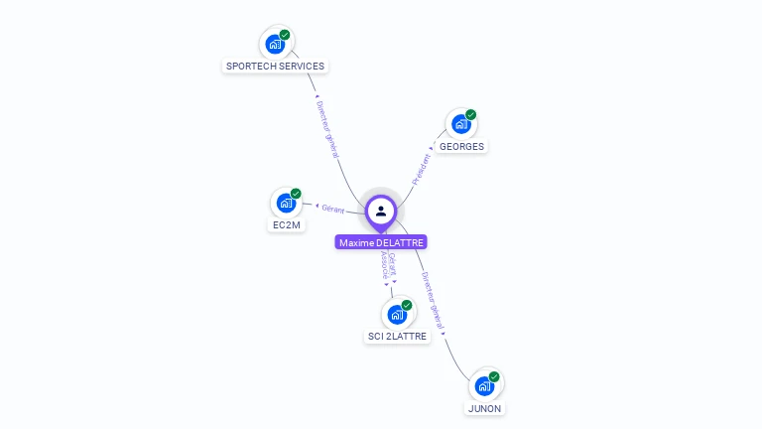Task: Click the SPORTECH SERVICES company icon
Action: click(x=275, y=44)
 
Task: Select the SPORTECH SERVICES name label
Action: click(x=275, y=67)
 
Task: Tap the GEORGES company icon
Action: click(x=461, y=124)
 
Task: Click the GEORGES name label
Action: click(x=461, y=147)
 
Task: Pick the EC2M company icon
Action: click(x=287, y=203)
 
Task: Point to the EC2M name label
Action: click(x=287, y=225)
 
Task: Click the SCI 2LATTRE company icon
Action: click(x=397, y=314)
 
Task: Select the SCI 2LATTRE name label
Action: click(x=397, y=337)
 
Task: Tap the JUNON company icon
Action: click(x=484, y=385)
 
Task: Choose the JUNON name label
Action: click(x=484, y=408)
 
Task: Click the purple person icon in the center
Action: click(x=381, y=211)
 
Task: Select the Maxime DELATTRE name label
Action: click(x=381, y=242)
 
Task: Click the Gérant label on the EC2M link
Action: click(x=332, y=209)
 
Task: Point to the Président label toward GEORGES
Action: click(x=422, y=166)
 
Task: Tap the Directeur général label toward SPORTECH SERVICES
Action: click(x=327, y=128)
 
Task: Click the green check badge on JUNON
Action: click(x=494, y=376)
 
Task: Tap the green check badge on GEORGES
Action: click(x=471, y=115)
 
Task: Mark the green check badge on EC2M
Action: click(x=297, y=194)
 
